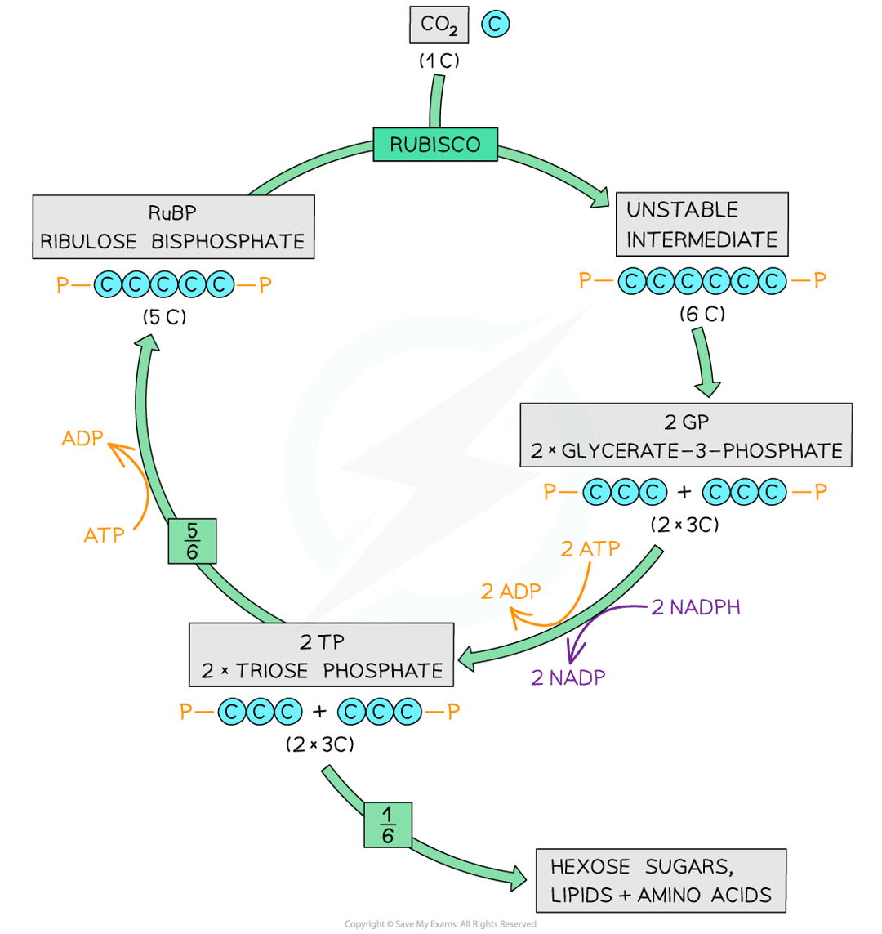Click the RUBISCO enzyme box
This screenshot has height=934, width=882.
(x=434, y=145)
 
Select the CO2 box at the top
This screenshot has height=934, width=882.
(x=439, y=25)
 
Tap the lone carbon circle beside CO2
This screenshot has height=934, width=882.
(x=495, y=25)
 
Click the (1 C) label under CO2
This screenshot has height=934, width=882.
(x=439, y=60)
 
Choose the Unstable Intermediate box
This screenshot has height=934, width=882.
(x=702, y=225)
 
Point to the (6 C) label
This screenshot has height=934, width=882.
(x=702, y=313)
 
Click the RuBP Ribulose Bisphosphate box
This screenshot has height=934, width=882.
(x=174, y=228)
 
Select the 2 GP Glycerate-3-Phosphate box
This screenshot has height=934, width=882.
(x=685, y=436)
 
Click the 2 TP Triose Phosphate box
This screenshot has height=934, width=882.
(x=322, y=655)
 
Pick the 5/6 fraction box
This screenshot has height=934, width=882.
(x=193, y=541)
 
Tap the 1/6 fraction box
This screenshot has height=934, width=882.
(x=387, y=824)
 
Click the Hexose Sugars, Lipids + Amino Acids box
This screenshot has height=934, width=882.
(x=661, y=881)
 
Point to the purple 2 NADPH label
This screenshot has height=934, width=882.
(x=696, y=607)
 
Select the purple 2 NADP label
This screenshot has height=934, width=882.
(x=568, y=677)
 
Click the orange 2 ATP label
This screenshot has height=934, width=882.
(x=590, y=549)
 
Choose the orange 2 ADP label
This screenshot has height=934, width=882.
(x=510, y=592)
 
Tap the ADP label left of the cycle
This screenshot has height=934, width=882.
(x=82, y=438)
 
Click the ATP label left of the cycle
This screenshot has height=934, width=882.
(x=104, y=535)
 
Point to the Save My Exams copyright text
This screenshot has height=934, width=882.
(x=440, y=924)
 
